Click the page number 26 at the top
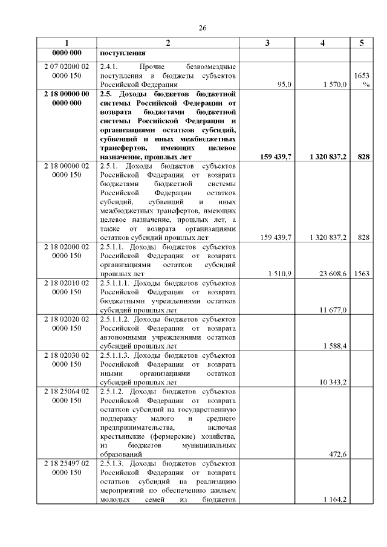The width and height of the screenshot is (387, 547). (203, 28)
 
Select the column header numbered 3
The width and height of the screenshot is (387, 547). (267, 43)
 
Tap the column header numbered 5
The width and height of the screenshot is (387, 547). (362, 43)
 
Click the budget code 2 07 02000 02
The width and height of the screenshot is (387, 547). (67, 66)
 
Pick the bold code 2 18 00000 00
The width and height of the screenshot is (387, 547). (67, 94)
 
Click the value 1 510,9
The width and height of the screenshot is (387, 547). (280, 274)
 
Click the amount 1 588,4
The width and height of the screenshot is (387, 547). (335, 346)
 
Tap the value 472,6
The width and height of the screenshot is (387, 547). (337, 455)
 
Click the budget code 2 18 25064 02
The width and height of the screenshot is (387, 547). (67, 391)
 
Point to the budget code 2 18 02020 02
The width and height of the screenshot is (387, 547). (67, 319)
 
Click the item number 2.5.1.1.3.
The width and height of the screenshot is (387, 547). (115, 355)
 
